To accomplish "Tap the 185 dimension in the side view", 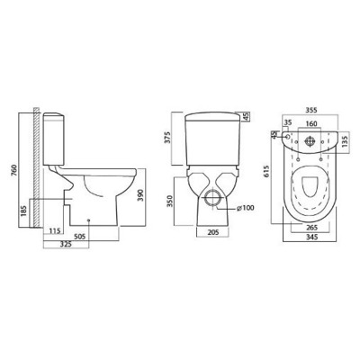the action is [x=24, y=211].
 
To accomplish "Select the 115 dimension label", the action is [x=55, y=230].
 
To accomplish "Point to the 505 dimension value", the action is [x=79, y=237].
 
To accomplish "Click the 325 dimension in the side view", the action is [x=66, y=245].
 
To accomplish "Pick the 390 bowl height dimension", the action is [x=142, y=195].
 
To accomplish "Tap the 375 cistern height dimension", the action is [x=168, y=137].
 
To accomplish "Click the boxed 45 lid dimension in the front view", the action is [x=246, y=117].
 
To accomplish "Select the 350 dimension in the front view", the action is [x=170, y=201].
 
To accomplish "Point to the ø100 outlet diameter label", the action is [x=245, y=208].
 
